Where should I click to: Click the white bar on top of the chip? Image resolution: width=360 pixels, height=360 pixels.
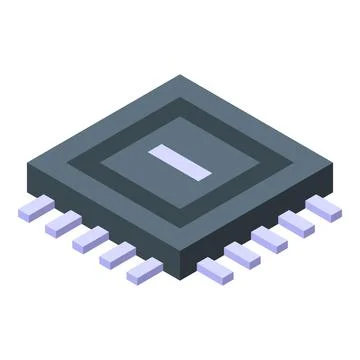click(x=181, y=162)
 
